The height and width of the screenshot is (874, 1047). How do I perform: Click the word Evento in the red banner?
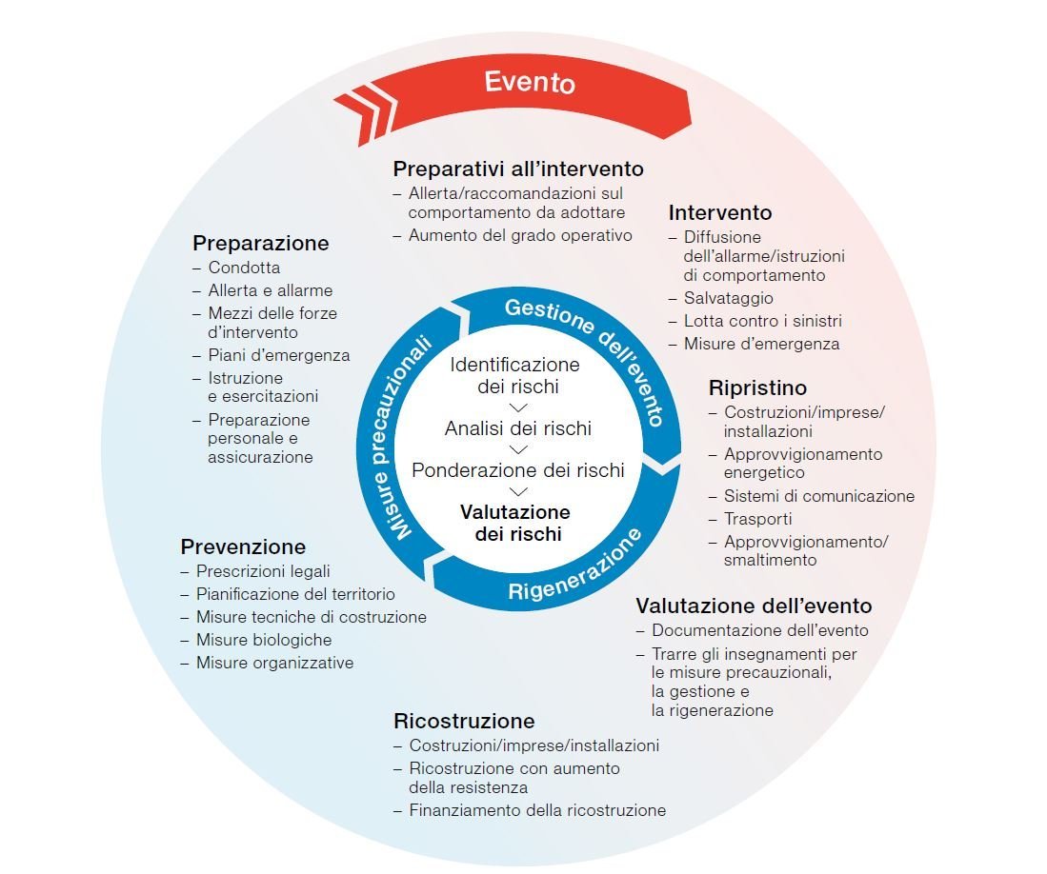(x=530, y=82)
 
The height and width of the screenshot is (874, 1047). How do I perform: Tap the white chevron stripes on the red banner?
(x=362, y=108)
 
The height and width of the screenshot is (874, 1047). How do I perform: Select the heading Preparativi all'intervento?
(x=518, y=169)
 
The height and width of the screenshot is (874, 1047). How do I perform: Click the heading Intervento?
(x=719, y=212)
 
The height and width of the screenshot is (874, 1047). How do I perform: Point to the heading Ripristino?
(x=757, y=387)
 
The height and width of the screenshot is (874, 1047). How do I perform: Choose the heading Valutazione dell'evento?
(x=754, y=606)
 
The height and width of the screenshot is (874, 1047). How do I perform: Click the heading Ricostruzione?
(x=464, y=721)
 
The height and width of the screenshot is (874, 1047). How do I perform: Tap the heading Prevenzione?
(x=243, y=546)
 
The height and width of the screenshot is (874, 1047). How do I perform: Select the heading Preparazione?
(x=260, y=243)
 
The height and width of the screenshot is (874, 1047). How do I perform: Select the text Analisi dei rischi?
(x=517, y=428)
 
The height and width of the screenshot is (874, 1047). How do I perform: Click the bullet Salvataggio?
(x=728, y=298)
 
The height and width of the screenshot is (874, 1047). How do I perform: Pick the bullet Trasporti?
(x=757, y=519)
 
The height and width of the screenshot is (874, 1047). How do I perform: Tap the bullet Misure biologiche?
(x=263, y=640)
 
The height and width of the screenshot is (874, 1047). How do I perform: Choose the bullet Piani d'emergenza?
(x=278, y=355)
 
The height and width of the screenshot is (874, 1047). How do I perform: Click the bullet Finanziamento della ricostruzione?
(x=536, y=810)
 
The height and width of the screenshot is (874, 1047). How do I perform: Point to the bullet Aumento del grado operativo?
(x=520, y=235)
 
